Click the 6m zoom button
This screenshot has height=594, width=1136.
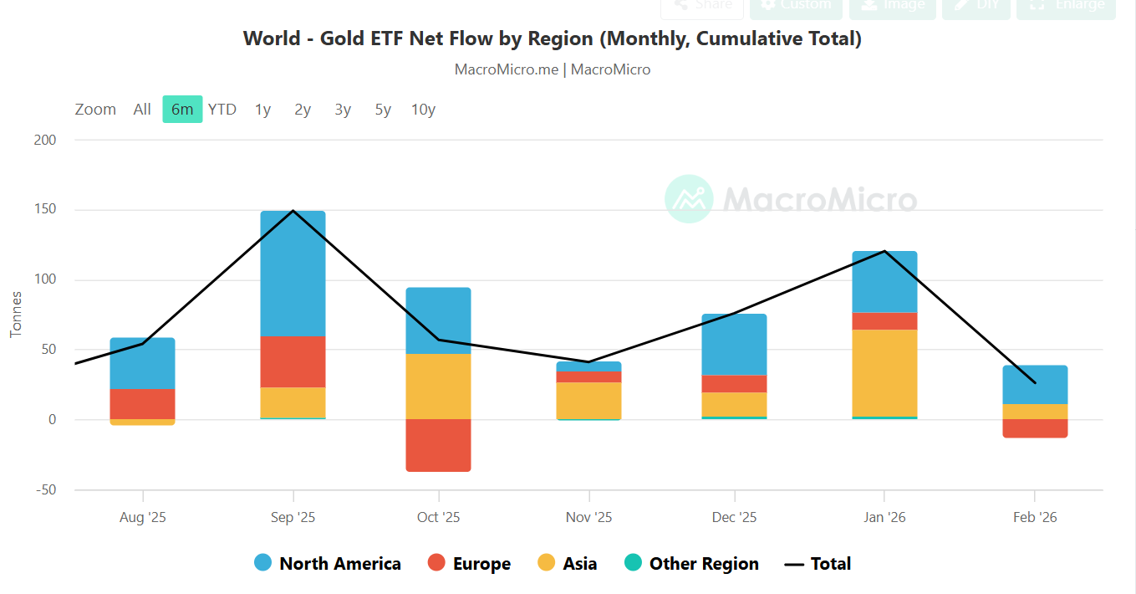click(182, 110)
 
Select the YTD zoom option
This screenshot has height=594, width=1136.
click(222, 110)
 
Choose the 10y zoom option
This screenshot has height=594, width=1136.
click(423, 110)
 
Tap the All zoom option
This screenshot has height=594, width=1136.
click(142, 110)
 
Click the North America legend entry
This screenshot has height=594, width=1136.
click(328, 564)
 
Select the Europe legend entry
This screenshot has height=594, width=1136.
click(469, 564)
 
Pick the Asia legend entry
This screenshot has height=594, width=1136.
click(567, 564)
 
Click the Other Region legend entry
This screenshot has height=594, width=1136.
click(691, 564)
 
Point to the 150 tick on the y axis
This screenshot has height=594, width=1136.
click(45, 210)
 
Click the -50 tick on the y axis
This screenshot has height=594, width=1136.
click(45, 489)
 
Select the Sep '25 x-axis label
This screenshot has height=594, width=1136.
click(293, 517)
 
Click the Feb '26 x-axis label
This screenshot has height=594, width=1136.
click(1035, 517)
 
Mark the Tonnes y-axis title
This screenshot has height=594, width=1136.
click(16, 315)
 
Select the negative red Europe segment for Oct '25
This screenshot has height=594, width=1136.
click(438, 445)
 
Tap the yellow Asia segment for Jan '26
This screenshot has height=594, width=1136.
click(884, 372)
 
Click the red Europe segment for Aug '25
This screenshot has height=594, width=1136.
click(142, 404)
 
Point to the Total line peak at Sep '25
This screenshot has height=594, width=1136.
click(293, 211)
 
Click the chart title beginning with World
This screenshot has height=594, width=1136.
click(552, 38)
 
